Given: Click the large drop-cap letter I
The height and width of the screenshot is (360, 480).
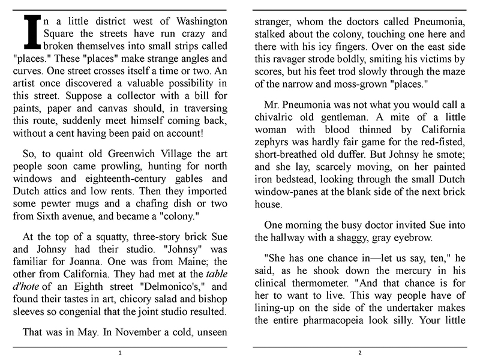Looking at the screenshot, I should [26, 31].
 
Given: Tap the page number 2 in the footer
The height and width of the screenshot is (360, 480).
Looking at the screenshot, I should [359, 353].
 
